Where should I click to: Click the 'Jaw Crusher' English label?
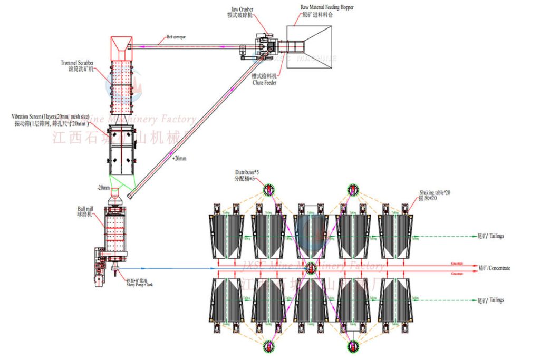(242, 9)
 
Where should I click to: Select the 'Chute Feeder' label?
(264, 82)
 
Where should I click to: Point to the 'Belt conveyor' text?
(176, 37)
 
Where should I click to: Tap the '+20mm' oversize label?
(179, 158)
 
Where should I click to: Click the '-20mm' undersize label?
(103, 188)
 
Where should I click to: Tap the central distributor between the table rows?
(311, 268)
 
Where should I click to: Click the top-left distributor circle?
(269, 189)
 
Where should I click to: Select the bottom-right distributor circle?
(352, 346)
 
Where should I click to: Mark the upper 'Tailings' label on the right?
(490, 236)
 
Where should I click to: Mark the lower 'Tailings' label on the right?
(490, 300)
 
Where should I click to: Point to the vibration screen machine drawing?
(122, 151)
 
